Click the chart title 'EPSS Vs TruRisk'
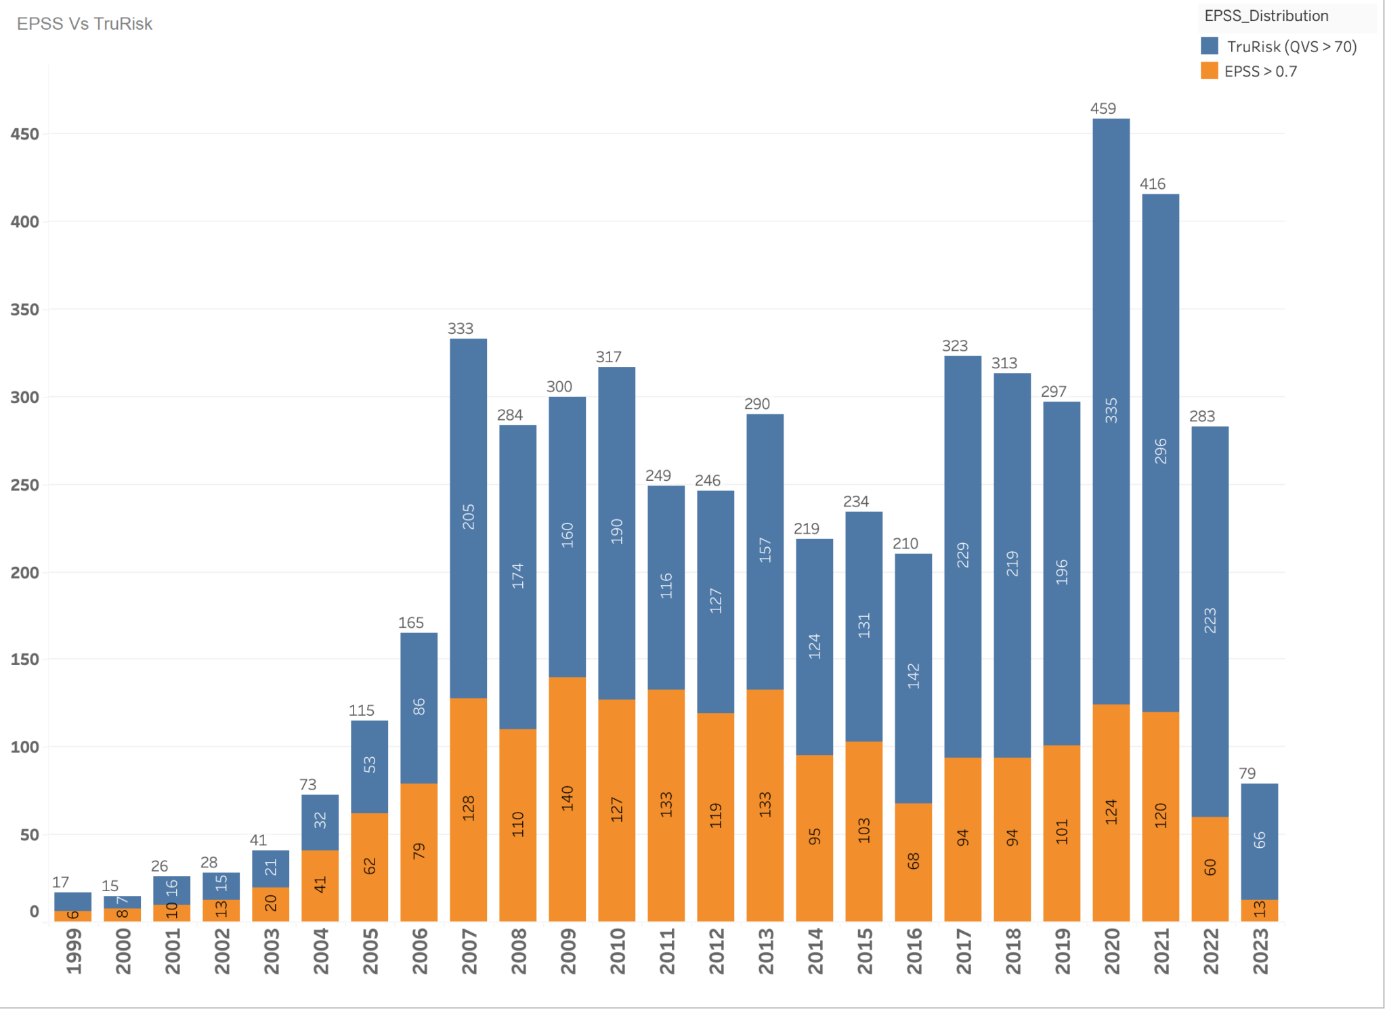click(85, 24)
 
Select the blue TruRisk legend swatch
click(1209, 46)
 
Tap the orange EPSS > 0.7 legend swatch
click(1209, 71)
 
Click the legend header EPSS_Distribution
click(1266, 16)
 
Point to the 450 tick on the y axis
click(24, 134)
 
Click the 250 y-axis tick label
click(24, 485)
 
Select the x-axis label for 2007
click(469, 951)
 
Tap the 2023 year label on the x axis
click(1260, 951)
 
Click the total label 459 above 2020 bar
click(1103, 108)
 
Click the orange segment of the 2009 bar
click(567, 846)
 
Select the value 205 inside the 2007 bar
click(469, 517)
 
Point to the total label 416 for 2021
click(1153, 184)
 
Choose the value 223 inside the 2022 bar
click(1210, 620)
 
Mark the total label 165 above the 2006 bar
click(411, 623)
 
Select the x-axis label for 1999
click(73, 951)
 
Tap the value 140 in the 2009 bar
click(568, 798)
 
